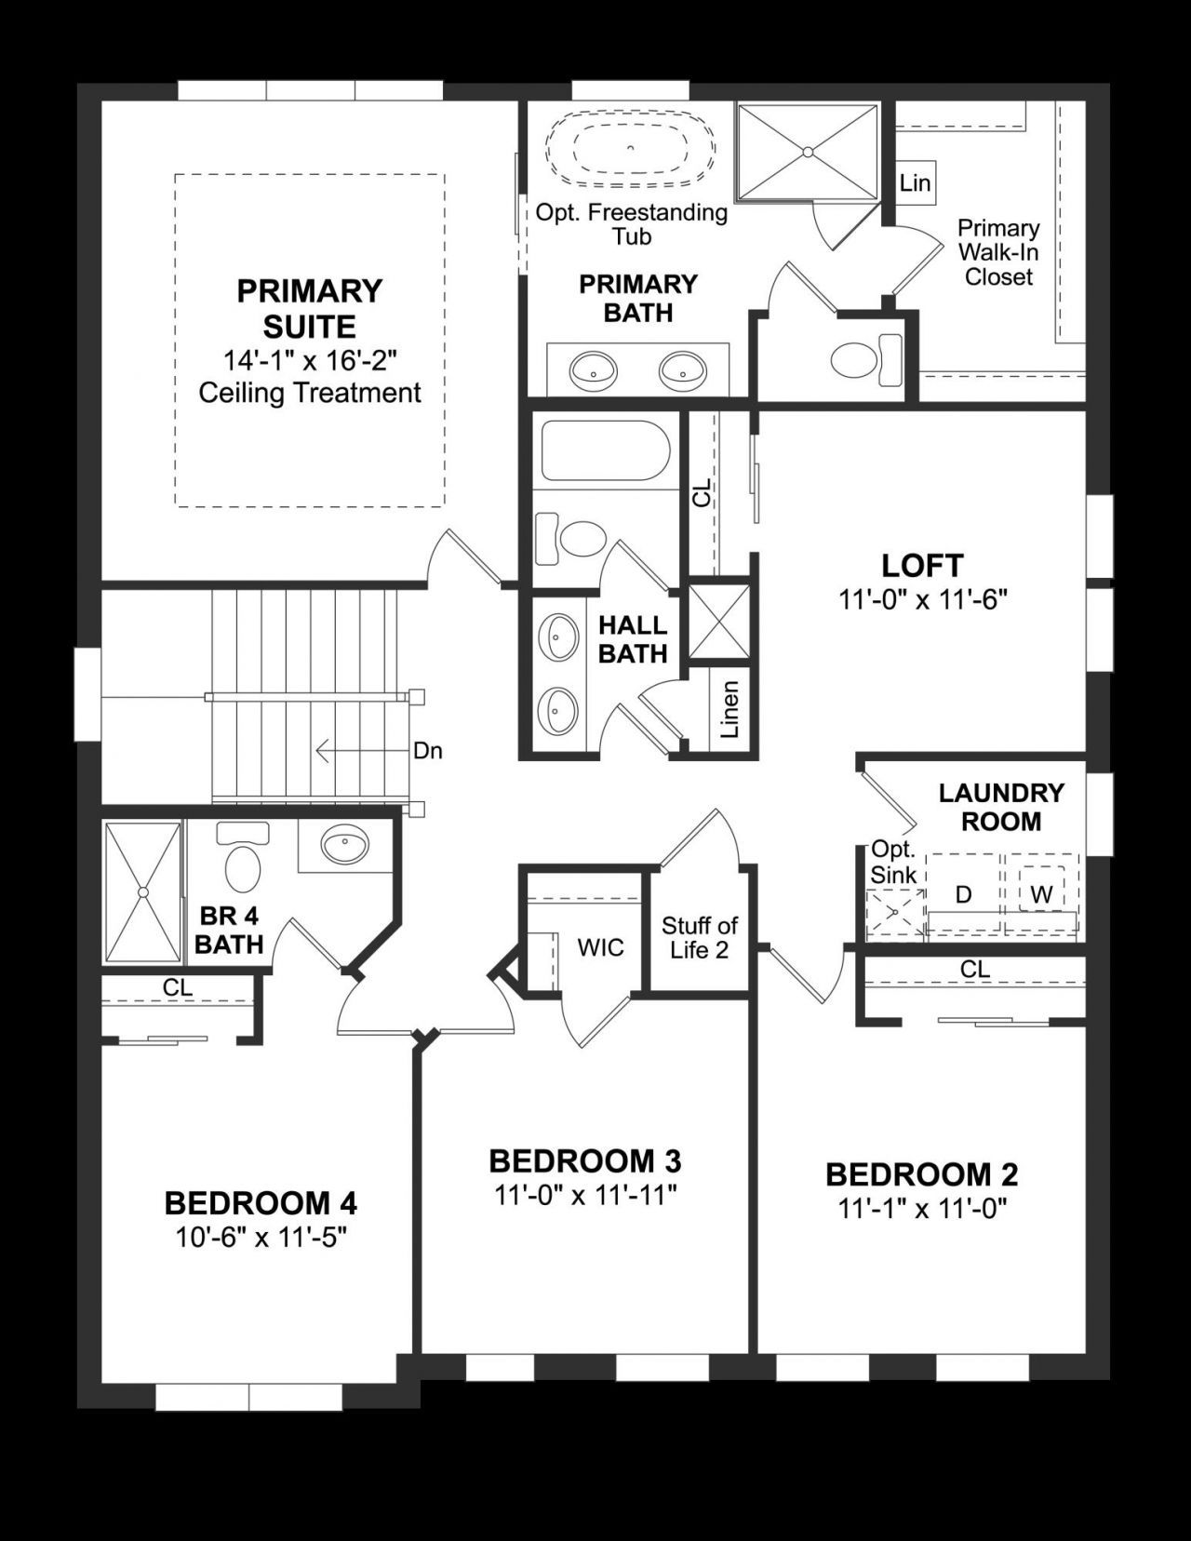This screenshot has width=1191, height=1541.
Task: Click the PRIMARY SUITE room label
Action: [309, 309]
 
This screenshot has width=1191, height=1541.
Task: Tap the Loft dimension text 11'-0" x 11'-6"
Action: [923, 599]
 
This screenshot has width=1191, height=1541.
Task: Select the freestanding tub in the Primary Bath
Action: [630, 147]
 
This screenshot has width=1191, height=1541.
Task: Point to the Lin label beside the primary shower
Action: [915, 183]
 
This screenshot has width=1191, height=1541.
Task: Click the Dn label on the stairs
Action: [428, 750]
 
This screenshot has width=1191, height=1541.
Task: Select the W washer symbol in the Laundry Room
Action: [1041, 894]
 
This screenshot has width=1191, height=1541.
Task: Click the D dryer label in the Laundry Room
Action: [964, 894]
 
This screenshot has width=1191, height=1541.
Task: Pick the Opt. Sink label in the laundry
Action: [893, 863]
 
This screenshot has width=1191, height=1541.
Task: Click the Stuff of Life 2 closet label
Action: [699, 937]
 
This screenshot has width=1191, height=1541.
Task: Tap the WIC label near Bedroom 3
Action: [600, 948]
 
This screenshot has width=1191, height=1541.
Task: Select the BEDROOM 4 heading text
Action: [261, 1203]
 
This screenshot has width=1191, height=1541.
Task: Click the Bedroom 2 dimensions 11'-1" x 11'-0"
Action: [923, 1209]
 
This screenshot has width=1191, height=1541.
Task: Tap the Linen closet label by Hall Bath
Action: [730, 710]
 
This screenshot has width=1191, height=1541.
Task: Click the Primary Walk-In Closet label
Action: [998, 252]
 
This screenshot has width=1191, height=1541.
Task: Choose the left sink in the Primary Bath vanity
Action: [593, 371]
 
